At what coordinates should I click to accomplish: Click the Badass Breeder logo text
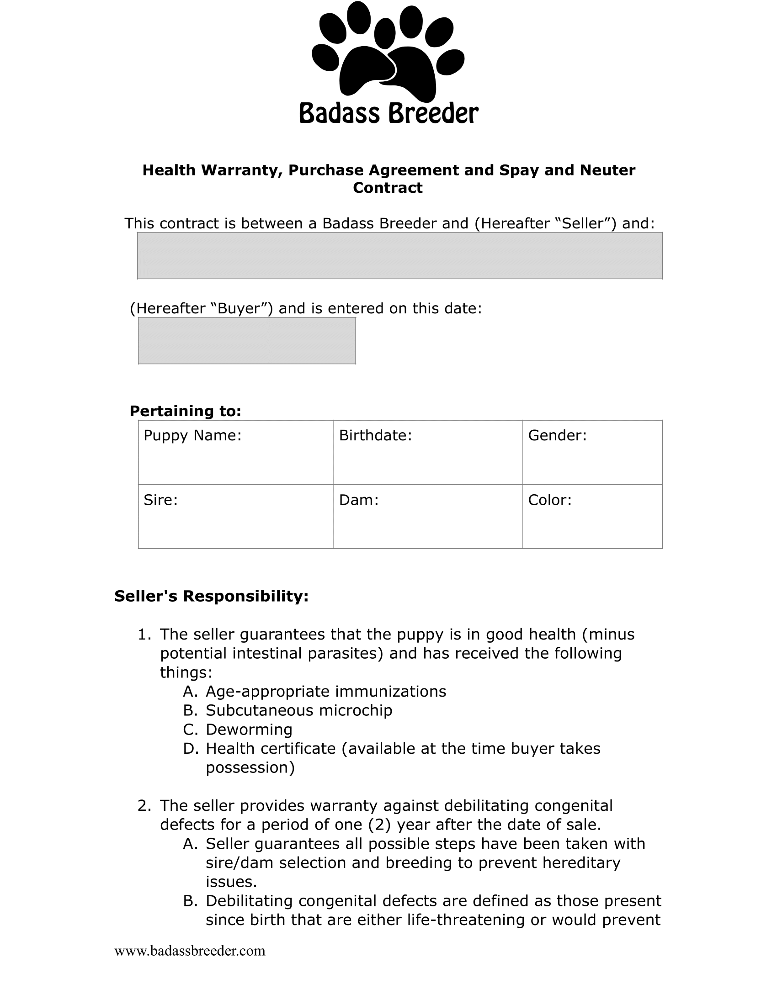[x=389, y=113]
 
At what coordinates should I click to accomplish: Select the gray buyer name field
[x=399, y=256]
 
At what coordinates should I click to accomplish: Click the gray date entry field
[x=247, y=340]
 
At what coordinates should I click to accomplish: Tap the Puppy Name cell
[x=236, y=452]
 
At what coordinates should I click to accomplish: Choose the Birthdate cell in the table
[x=427, y=452]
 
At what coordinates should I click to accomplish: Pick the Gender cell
[x=592, y=452]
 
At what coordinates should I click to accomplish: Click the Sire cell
[x=236, y=516]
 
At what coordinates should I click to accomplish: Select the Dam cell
[x=427, y=516]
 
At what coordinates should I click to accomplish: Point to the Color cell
[x=592, y=516]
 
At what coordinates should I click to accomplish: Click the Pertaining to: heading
[x=186, y=411]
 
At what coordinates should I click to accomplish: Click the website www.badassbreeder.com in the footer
[x=190, y=951]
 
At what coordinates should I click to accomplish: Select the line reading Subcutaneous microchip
[x=299, y=710]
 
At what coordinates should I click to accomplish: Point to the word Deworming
[x=249, y=730]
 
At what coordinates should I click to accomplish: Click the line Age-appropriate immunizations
[x=326, y=691]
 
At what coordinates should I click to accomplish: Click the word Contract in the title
[x=388, y=188]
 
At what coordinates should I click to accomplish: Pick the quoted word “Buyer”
[x=242, y=308]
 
